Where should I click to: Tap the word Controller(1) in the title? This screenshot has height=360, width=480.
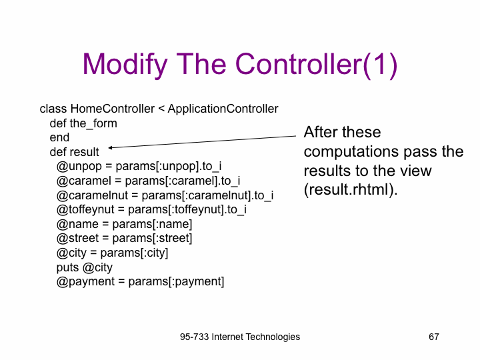tap(317, 65)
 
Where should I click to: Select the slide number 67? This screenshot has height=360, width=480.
tap(434, 337)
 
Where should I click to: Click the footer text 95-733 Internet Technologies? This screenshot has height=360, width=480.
tap(240, 337)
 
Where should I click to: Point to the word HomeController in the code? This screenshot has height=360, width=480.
tap(113, 109)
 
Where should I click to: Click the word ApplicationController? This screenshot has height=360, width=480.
tap(223, 109)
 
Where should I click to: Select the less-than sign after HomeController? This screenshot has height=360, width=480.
tap(161, 109)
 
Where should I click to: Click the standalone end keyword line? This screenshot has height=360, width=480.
tap(59, 137)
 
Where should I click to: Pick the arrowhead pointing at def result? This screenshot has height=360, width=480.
tap(110, 147)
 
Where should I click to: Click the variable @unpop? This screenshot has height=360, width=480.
tap(79, 167)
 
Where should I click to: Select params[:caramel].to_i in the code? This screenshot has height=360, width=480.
tap(183, 181)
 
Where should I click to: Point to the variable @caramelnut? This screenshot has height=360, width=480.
tap(92, 195)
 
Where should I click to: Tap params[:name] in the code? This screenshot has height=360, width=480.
tap(152, 225)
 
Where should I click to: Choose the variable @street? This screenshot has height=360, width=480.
tap(77, 239)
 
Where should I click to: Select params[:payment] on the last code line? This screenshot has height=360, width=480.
tap(176, 282)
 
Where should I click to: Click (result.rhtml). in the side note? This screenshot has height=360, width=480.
tap(351, 190)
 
